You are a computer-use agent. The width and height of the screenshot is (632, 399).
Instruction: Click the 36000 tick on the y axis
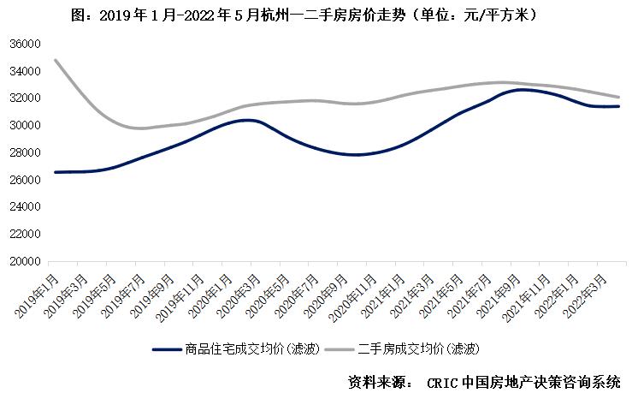[x=27, y=44]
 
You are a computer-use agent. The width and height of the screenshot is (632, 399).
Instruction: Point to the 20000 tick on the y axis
[x=27, y=261]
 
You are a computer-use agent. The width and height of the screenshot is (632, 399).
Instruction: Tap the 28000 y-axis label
[x=27, y=152]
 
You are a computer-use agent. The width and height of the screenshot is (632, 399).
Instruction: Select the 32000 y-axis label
[x=27, y=98]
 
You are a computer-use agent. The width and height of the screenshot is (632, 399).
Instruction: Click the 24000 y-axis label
[x=27, y=207]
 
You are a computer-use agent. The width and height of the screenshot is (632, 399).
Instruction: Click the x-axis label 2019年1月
[x=38, y=296]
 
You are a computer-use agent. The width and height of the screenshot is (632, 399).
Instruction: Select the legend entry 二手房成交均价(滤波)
[x=416, y=348]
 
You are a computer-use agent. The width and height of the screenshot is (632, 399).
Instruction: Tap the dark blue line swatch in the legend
[x=166, y=349]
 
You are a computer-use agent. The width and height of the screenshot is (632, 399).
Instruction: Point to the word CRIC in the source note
[x=441, y=382]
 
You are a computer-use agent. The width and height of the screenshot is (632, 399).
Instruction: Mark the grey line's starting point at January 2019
[x=56, y=60]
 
